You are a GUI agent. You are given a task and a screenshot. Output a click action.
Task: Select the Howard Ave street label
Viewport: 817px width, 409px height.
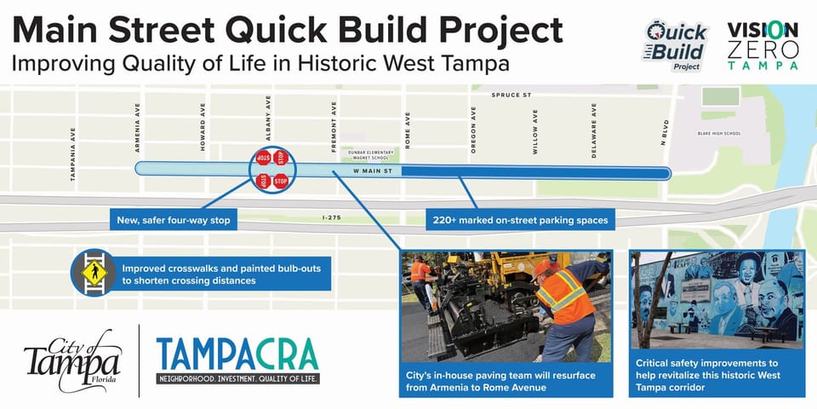tap(203, 135)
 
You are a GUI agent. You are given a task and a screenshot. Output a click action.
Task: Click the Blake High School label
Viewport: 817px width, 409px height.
tap(719, 134)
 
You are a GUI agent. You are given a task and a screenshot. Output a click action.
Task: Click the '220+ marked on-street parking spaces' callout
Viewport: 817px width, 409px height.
tap(520, 221)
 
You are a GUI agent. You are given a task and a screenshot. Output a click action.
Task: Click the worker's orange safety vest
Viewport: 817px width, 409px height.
tap(562, 295)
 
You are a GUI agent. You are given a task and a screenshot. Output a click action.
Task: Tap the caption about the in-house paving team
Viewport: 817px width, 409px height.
tap(505, 380)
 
